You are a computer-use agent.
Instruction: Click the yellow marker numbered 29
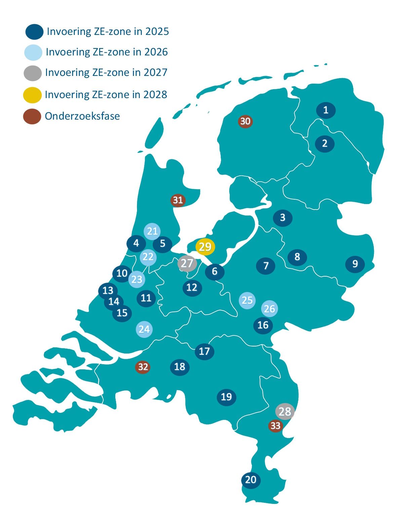pyautogui.click(x=205, y=247)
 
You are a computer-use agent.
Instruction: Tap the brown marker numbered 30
pyautogui.click(x=245, y=121)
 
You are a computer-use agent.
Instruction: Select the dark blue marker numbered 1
pyautogui.click(x=326, y=110)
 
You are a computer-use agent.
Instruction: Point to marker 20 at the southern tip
pyautogui.click(x=251, y=480)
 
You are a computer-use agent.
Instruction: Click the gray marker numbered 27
pyautogui.click(x=187, y=263)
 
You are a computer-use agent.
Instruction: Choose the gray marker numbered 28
pyautogui.click(x=285, y=412)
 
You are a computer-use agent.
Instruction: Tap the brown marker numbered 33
pyautogui.click(x=275, y=426)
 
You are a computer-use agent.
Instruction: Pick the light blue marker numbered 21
pyautogui.click(x=152, y=231)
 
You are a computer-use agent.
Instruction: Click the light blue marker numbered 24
pyautogui.click(x=144, y=329)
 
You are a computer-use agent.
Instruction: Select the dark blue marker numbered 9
pyautogui.click(x=355, y=264)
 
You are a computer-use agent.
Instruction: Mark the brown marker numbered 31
pyautogui.click(x=178, y=200)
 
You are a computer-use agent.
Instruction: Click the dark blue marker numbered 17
pyautogui.click(x=204, y=351)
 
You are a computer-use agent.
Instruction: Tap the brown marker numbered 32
pyautogui.click(x=143, y=367)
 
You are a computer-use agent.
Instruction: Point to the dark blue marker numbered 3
pyautogui.click(x=283, y=218)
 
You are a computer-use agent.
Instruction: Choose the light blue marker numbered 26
pyautogui.click(x=270, y=309)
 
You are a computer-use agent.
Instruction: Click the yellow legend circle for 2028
pyautogui.click(x=32, y=95)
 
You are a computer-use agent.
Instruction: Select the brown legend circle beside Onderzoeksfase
pyautogui.click(x=32, y=117)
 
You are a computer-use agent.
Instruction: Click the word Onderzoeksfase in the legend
pyautogui.click(x=82, y=116)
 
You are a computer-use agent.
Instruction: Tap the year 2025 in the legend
pyautogui.click(x=157, y=31)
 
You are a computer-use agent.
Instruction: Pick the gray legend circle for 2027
pyautogui.click(x=33, y=73)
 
